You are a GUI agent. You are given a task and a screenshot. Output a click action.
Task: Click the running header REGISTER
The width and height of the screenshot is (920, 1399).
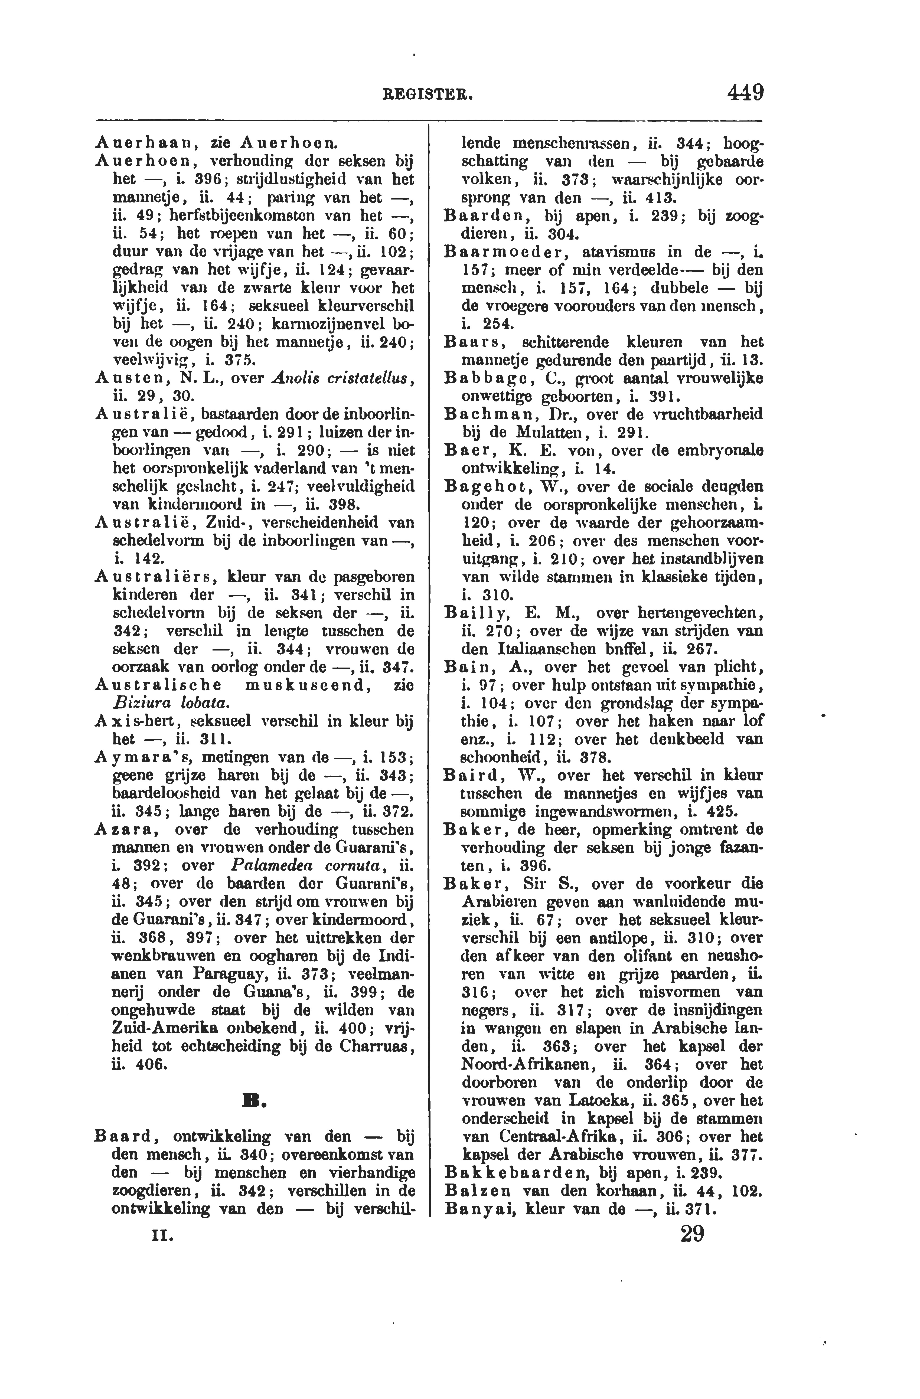click(x=427, y=94)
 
